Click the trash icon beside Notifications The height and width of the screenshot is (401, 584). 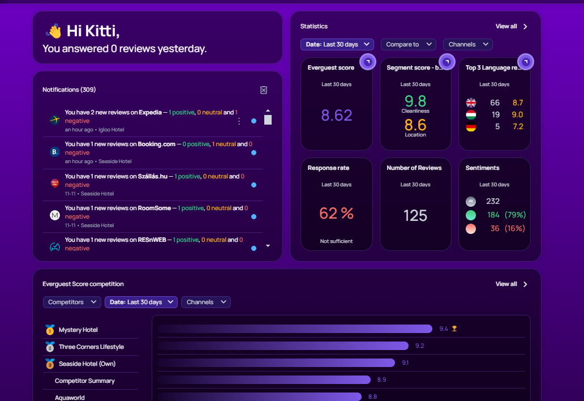click(263, 90)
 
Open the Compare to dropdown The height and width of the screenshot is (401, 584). click(407, 44)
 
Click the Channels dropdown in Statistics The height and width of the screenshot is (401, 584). click(467, 44)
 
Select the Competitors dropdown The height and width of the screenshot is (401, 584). click(72, 302)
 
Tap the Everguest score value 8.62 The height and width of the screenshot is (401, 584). click(337, 115)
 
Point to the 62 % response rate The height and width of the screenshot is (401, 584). click(337, 213)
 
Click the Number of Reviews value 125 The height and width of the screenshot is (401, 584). click(415, 215)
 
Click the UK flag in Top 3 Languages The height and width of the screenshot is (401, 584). click(471, 103)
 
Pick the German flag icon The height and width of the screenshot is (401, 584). click(471, 127)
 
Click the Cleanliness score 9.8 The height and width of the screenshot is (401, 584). click(415, 101)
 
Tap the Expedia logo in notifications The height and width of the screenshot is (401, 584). click(55, 120)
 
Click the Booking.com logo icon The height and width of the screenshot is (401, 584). click(55, 152)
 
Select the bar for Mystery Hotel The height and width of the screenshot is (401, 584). click(295, 329)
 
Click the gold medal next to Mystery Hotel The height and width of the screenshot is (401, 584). click(50, 330)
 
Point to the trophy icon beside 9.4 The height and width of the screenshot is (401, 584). click(454, 329)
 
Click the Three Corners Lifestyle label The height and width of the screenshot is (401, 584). click(91, 347)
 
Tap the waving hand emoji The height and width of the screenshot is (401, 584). click(54, 31)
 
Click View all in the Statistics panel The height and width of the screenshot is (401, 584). click(506, 26)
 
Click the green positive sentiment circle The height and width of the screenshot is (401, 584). click(471, 215)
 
